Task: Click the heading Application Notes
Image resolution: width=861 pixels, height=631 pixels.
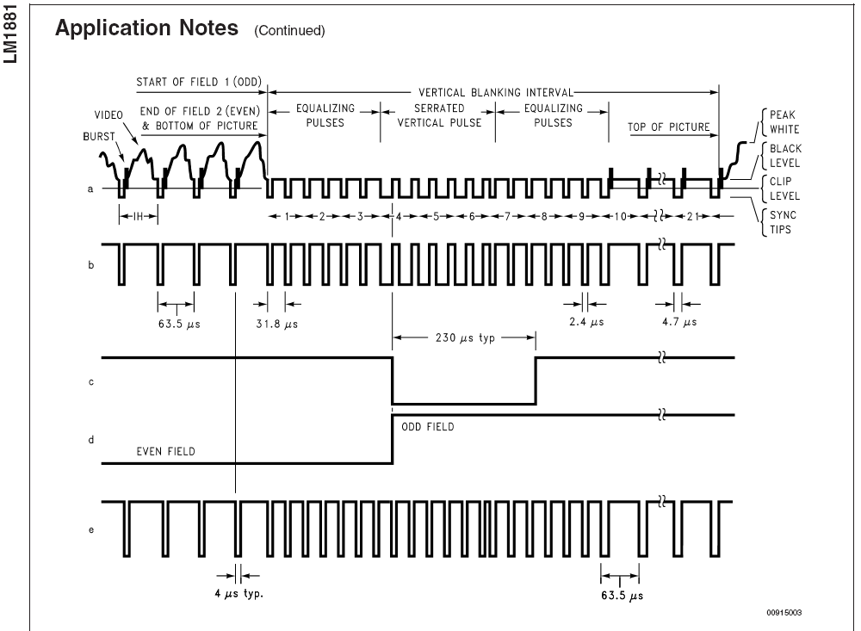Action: tap(146, 28)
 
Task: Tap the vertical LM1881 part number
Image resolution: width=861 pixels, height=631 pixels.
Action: tap(10, 35)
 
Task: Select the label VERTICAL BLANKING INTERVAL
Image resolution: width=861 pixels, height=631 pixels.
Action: tap(496, 92)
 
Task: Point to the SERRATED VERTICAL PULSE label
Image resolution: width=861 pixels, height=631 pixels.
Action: tap(439, 115)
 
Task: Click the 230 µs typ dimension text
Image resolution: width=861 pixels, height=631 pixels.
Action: tap(465, 337)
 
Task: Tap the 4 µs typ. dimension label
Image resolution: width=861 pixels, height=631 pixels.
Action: tap(238, 594)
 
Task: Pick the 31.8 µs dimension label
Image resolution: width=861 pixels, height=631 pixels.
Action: tap(276, 324)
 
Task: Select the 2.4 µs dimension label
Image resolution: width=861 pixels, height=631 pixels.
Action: tap(586, 322)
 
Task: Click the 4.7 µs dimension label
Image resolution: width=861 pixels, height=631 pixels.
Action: tap(679, 322)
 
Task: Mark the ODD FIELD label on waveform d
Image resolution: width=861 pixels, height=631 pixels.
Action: tap(428, 427)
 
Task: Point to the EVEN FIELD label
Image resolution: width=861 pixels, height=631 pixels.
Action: tap(166, 451)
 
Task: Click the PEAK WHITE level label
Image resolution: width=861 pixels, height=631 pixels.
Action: tap(784, 122)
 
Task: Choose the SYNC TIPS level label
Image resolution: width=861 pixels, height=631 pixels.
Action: tap(783, 222)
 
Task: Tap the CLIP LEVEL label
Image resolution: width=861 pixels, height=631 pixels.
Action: tap(784, 189)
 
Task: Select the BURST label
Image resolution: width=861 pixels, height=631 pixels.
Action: tap(99, 136)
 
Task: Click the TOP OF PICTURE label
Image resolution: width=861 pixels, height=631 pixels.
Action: tap(669, 127)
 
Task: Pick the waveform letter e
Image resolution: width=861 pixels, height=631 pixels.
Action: tap(91, 530)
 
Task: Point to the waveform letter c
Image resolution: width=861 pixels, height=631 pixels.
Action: tap(91, 381)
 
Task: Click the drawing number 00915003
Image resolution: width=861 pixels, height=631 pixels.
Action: tap(784, 612)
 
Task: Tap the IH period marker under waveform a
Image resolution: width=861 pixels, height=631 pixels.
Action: tap(138, 216)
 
